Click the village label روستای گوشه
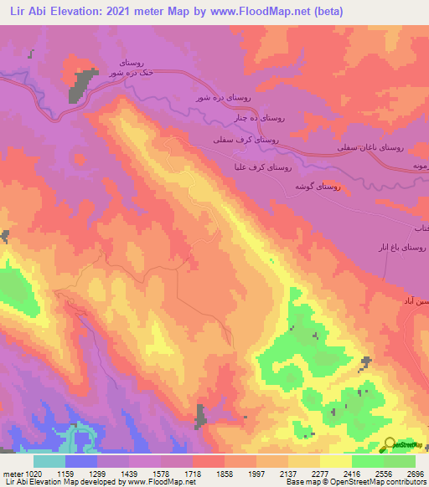(316, 187)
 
